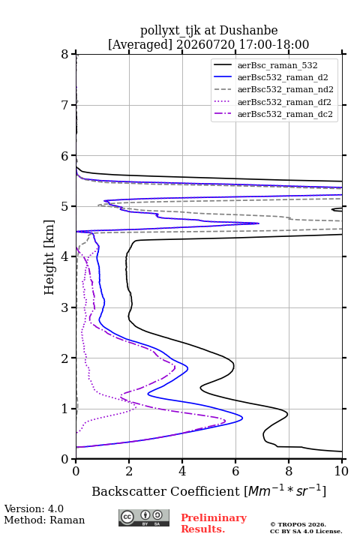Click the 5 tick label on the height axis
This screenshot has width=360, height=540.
(65, 206)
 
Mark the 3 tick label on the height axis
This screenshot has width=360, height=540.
(65, 307)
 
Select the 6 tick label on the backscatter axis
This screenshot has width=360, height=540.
(235, 471)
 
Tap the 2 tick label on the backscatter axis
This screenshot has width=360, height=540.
(129, 471)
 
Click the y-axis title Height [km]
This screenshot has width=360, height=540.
(49, 257)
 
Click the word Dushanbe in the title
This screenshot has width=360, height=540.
(248, 31)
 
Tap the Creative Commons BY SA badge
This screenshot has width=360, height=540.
(144, 518)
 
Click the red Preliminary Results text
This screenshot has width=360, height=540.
(214, 523)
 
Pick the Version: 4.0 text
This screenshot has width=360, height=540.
(34, 508)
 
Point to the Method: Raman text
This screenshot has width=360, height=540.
(44, 520)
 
